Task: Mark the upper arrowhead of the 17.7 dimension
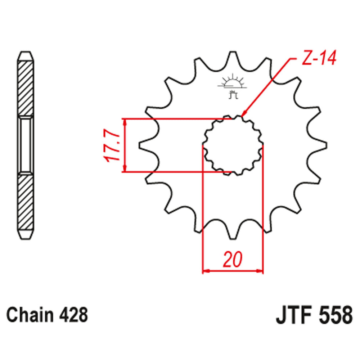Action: [x=125, y=123]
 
